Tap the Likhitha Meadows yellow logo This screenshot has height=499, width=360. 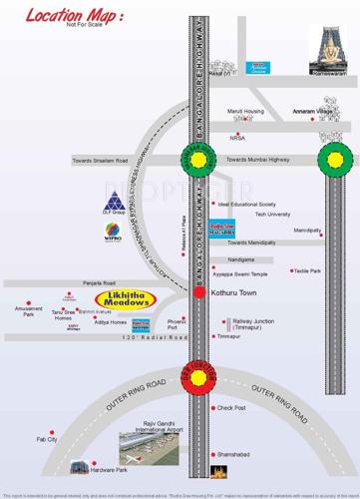tap(125, 299)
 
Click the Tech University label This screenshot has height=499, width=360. tap(272, 215)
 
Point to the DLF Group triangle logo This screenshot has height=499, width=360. tap(113, 201)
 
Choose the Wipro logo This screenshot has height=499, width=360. tap(114, 234)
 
